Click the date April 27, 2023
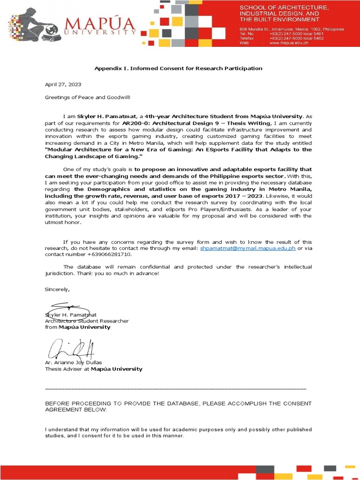[x=63, y=84]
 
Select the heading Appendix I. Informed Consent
[x=178, y=68]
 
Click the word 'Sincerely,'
[x=57, y=289]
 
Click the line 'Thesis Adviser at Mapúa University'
[x=93, y=369]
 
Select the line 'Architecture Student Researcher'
[x=87, y=321]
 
